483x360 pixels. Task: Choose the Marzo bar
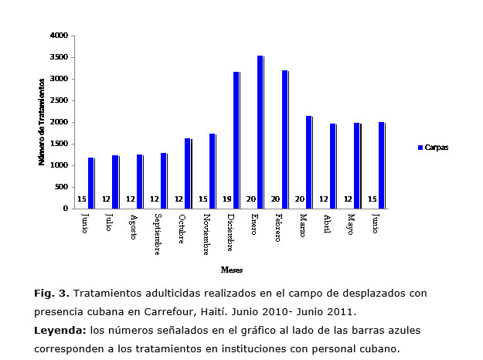[309, 161]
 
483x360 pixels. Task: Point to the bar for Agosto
[140, 181]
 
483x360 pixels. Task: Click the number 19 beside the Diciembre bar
[227, 199]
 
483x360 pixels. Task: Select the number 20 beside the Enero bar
[251, 199]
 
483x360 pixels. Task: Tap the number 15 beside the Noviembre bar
[202, 199]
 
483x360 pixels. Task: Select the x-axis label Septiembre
[158, 233]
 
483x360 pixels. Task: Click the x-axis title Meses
[231, 270]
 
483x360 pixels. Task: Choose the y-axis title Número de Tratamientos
[42, 122]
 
